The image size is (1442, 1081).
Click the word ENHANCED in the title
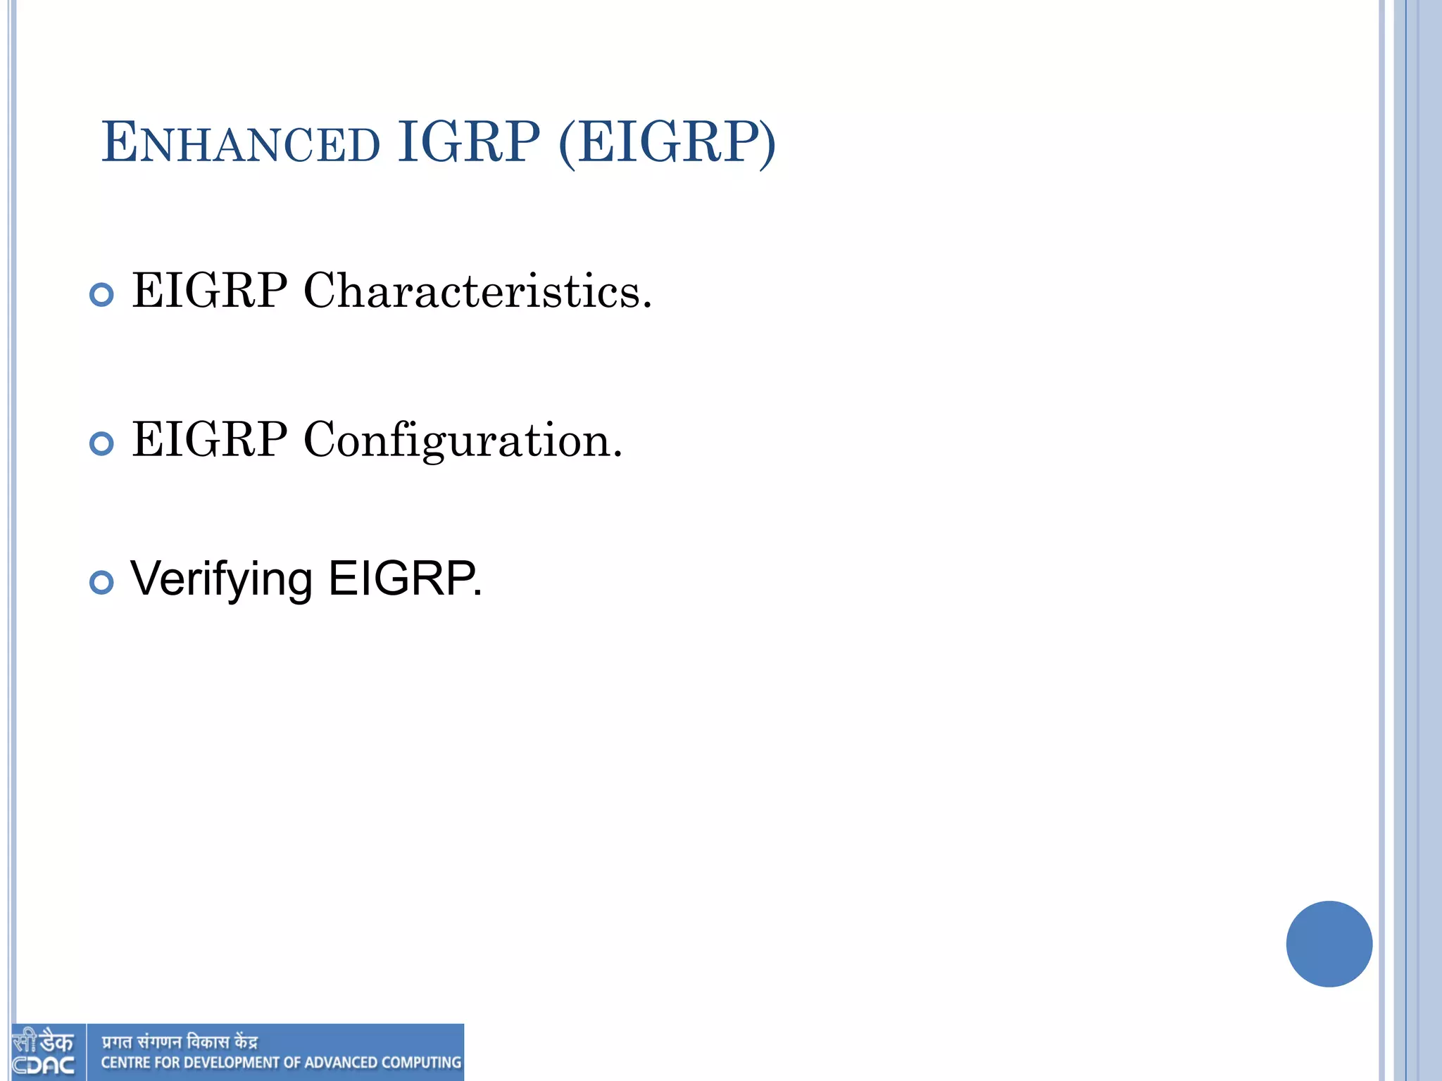pos(241,144)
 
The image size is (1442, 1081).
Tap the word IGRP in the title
pos(469,142)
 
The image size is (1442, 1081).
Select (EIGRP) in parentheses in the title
pos(667,144)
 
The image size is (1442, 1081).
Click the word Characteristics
pos(477,291)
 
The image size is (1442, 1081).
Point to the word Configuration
pos(463,441)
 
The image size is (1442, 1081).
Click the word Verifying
pos(221,580)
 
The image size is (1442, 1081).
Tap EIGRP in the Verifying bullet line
pos(404,579)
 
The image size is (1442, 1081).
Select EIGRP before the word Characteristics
pos(210,291)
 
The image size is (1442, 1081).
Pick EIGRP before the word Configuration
pos(210,440)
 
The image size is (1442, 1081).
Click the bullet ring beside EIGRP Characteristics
pos(102,294)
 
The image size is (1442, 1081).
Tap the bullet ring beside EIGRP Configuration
pos(102,443)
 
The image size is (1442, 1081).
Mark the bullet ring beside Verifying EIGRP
pos(102,582)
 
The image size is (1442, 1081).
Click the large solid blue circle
pos(1329,944)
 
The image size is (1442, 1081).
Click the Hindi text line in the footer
pos(180,1042)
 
